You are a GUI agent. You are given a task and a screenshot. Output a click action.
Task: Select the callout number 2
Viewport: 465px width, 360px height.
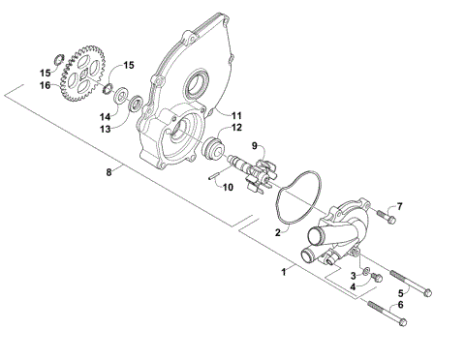277,233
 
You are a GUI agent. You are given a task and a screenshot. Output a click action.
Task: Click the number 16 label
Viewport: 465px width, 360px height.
45,85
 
